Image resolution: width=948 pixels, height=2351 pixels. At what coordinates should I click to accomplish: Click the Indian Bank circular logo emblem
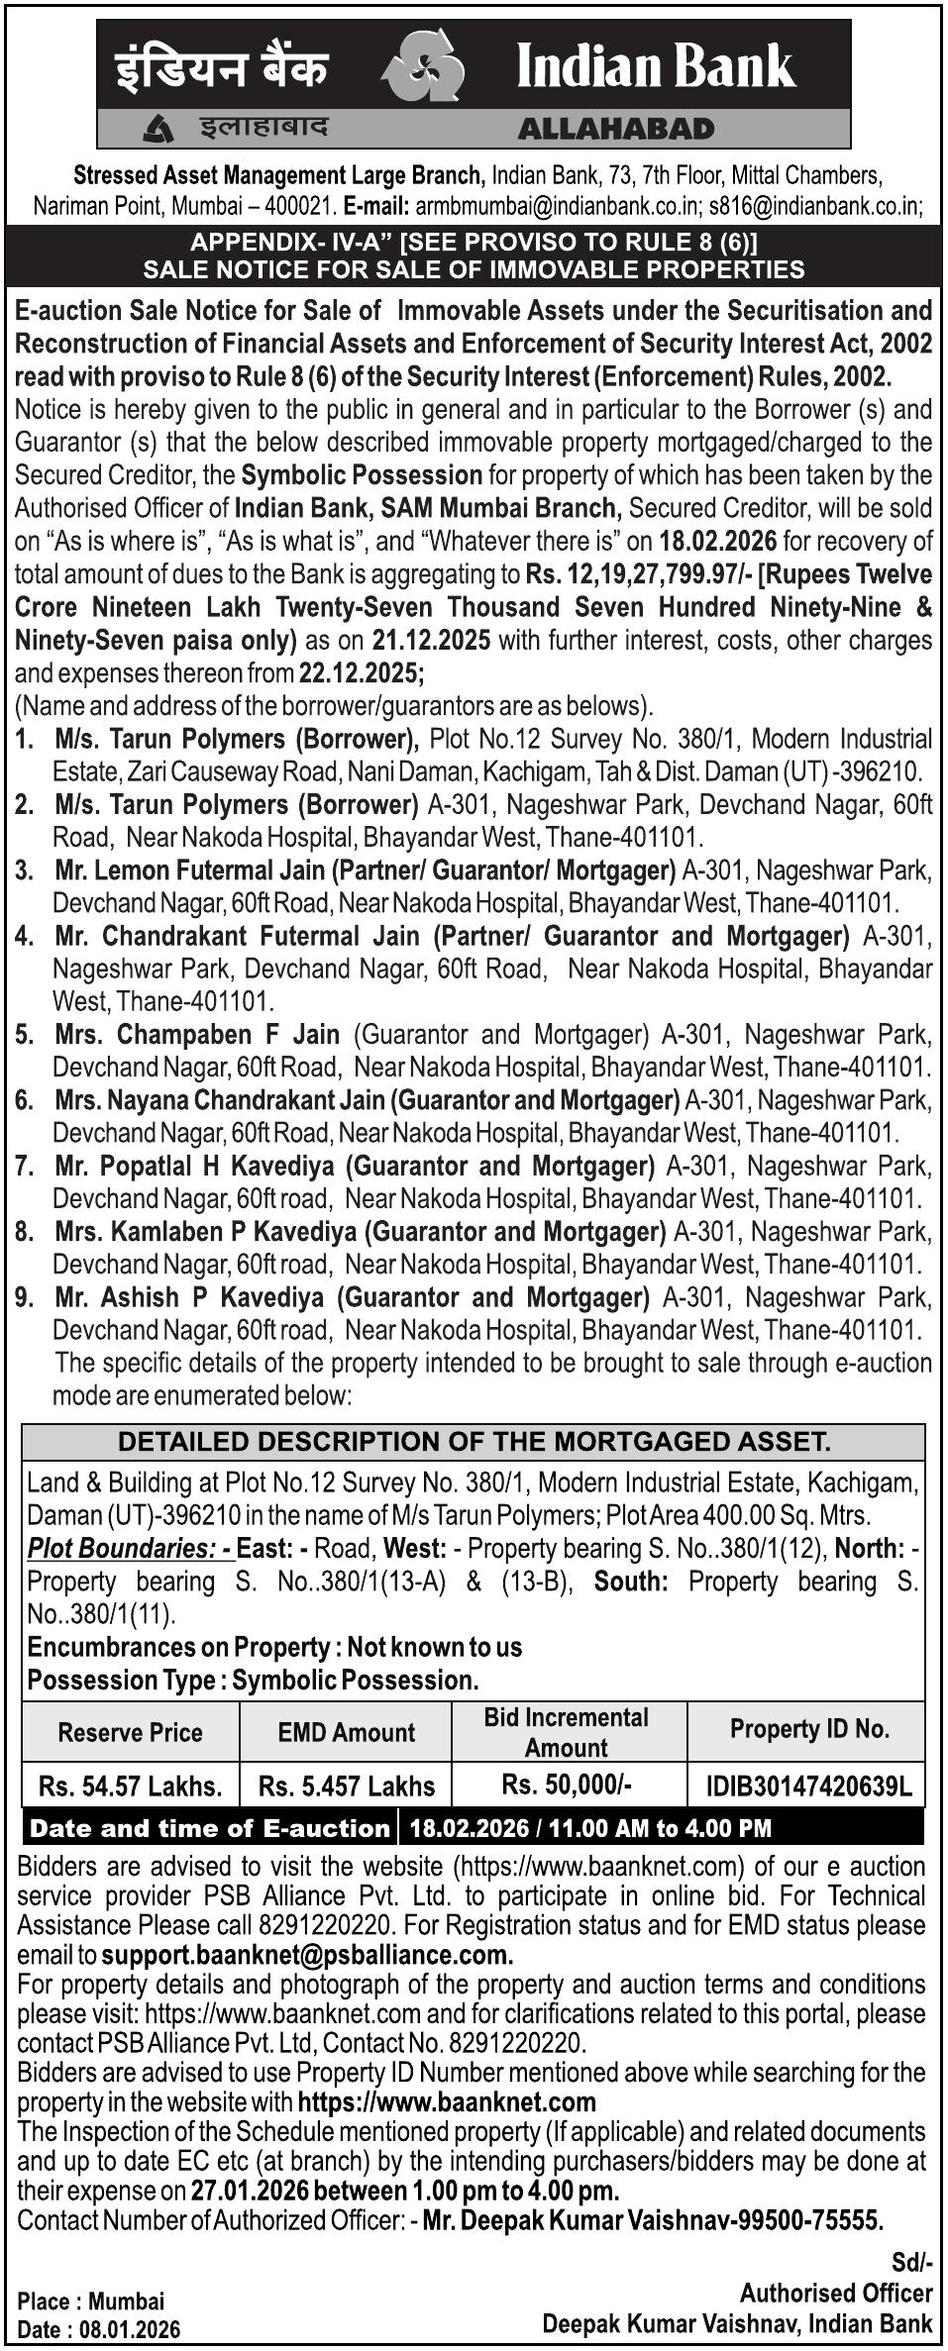point(425,65)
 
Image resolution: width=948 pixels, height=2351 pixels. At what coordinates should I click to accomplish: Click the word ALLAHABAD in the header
point(615,129)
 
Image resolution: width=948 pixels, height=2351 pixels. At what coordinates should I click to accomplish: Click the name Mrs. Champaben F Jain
point(197,1035)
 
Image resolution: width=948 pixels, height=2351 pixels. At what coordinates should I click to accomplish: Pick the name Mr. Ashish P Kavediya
point(189,1297)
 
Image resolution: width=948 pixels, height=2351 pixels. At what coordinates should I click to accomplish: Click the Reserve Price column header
point(130,1732)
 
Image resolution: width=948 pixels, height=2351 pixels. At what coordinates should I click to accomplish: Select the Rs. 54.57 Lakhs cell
point(130,1786)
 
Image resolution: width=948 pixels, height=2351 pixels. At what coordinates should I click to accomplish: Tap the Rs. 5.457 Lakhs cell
point(346,1786)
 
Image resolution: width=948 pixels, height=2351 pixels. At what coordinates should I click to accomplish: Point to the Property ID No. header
point(808,1729)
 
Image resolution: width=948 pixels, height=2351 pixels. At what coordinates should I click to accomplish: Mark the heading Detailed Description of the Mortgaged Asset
point(474,1441)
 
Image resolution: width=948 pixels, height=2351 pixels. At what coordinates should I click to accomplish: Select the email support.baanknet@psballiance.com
point(307,1956)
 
